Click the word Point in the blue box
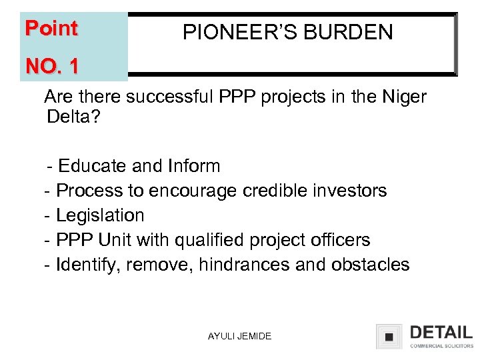(51, 29)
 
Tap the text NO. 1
(51, 66)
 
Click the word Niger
(402, 97)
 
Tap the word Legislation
(100, 215)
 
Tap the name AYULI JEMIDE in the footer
(239, 336)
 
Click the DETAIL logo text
(441, 333)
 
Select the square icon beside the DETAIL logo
(389, 337)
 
